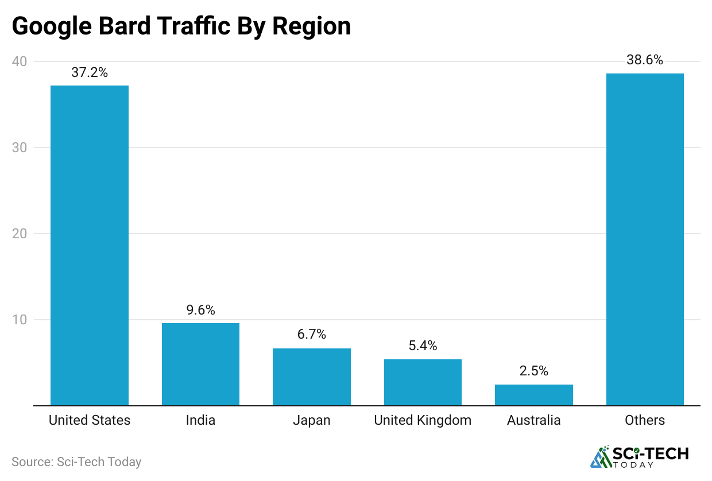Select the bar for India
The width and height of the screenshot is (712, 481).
pyautogui.click(x=200, y=364)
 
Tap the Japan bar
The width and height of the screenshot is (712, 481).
pyautogui.click(x=312, y=377)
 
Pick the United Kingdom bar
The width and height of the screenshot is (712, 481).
pyautogui.click(x=423, y=382)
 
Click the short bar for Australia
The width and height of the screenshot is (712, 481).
pyautogui.click(x=534, y=395)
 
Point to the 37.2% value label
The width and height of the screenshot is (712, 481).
pyautogui.click(x=90, y=72)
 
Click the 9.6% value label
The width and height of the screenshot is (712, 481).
pyautogui.click(x=200, y=311)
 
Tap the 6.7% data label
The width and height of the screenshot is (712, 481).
pyautogui.click(x=312, y=335)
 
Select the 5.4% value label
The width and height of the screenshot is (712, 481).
pyautogui.click(x=423, y=346)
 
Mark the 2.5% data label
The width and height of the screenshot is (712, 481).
pyautogui.click(x=534, y=371)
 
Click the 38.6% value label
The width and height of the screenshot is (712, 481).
pyautogui.click(x=645, y=60)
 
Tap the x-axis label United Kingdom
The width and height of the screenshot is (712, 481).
pyautogui.click(x=423, y=420)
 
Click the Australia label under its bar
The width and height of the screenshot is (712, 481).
pyautogui.click(x=534, y=420)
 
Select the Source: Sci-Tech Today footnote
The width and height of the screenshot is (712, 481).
pyautogui.click(x=76, y=461)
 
